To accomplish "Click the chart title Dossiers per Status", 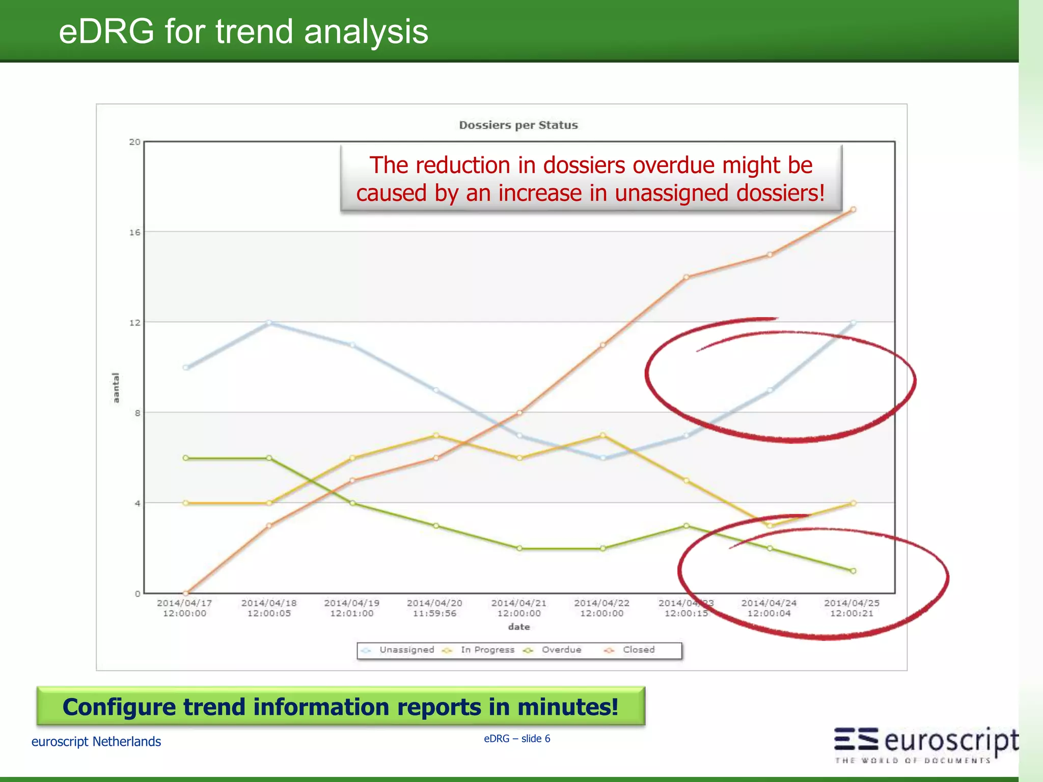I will (x=518, y=125).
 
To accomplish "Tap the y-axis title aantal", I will (x=116, y=388).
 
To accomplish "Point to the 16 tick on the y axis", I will (x=134, y=233).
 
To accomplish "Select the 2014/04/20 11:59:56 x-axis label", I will (x=434, y=608).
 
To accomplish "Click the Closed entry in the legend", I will (x=639, y=650).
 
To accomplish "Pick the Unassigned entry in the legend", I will (x=406, y=650).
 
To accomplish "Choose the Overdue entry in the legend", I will (x=561, y=650).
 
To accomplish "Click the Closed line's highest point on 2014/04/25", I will (x=853, y=210).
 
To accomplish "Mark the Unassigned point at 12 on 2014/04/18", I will (x=269, y=323).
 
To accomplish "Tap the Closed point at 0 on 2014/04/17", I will (x=185, y=593).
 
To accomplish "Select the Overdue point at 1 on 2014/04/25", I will (x=853, y=571).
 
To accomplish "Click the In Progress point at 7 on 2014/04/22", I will (x=602, y=435).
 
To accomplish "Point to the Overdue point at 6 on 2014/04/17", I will (x=185, y=458).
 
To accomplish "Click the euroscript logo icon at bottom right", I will (x=856, y=739).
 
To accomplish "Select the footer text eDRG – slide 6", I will (x=517, y=739).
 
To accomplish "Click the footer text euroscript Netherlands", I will (x=96, y=742).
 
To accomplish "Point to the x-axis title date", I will (x=518, y=627).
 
